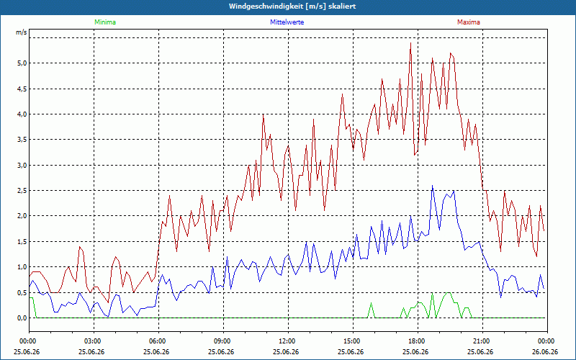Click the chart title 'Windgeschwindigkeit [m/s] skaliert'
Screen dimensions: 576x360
point(292,6)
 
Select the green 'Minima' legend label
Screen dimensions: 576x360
point(105,22)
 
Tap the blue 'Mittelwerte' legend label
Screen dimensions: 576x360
point(287,22)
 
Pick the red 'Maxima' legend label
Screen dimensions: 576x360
point(469,22)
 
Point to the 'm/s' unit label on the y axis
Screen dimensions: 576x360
point(22,32)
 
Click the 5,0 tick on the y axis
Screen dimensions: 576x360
point(22,63)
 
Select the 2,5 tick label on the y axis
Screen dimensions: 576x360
point(22,190)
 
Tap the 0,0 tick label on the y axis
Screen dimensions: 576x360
point(22,318)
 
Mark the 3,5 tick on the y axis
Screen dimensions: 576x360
point(22,140)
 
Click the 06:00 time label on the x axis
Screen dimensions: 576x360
point(158,341)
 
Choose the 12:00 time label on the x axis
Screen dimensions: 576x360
point(288,341)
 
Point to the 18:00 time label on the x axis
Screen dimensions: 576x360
point(418,341)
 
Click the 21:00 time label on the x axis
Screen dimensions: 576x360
point(482,341)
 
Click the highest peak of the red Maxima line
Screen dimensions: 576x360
point(410,43)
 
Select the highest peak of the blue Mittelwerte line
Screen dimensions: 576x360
point(433,186)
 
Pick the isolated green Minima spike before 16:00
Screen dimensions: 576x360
point(371,303)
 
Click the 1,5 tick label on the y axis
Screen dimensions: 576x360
point(22,241)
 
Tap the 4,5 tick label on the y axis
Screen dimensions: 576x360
point(22,89)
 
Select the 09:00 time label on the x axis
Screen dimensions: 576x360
point(223,341)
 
